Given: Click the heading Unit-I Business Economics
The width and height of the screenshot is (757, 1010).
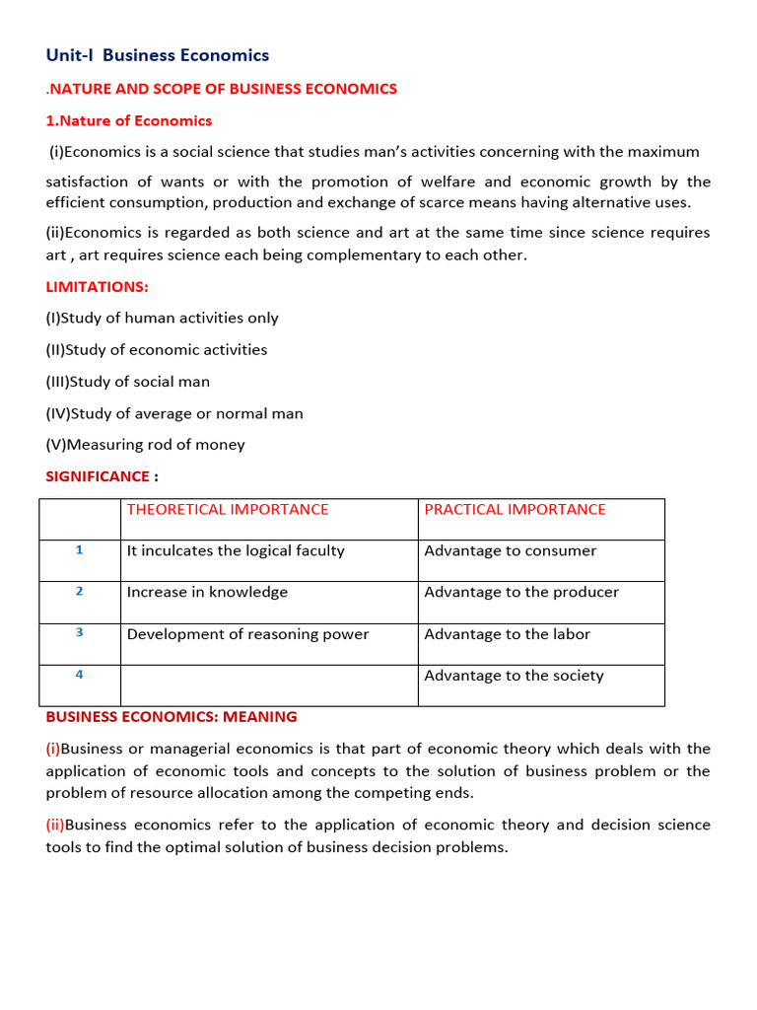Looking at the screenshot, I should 158,56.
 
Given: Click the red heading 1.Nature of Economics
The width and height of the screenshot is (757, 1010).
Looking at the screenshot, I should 129,121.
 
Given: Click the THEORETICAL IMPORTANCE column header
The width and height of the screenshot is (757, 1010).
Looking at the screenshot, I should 228,510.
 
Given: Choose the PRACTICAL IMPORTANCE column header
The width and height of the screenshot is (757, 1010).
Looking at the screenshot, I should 515,510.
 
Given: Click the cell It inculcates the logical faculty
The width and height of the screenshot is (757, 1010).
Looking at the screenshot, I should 236,551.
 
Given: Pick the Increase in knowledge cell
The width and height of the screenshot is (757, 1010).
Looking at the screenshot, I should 207,593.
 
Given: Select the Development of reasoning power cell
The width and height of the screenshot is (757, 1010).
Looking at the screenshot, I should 247,634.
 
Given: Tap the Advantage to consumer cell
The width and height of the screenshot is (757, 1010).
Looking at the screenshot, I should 510,551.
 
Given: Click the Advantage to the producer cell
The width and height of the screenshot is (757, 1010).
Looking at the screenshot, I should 521,593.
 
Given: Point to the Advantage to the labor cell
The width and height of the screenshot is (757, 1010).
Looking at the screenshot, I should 507,634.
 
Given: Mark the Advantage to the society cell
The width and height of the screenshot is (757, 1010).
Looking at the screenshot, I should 514,676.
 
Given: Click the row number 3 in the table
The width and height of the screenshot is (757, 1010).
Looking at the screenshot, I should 80,633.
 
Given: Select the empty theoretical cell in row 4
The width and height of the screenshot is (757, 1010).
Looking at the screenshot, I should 268,685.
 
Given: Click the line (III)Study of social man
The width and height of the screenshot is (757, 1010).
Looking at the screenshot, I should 128,382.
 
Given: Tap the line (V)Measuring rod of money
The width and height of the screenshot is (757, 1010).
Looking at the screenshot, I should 145,445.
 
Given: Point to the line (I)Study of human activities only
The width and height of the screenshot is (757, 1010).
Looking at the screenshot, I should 162,319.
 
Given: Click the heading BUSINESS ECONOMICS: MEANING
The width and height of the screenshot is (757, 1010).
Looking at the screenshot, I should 172,717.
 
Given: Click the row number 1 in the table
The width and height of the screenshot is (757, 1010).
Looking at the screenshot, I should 80,550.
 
